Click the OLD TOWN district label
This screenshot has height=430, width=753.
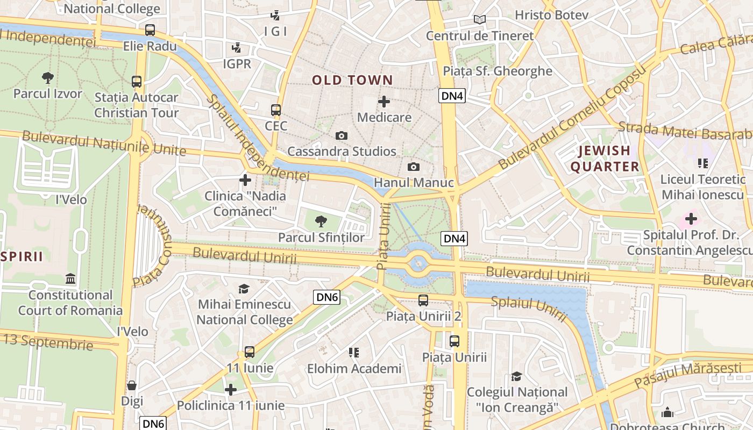click(353, 80)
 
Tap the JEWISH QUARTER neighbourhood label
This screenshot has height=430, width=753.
click(605, 159)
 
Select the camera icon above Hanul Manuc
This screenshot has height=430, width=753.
click(413, 167)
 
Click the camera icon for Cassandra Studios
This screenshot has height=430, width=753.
click(341, 136)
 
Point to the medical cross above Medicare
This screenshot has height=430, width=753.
click(384, 101)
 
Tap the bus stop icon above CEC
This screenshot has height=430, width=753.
click(276, 110)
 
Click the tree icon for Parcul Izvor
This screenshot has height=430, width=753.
click(48, 78)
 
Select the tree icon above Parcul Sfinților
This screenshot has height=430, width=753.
click(321, 221)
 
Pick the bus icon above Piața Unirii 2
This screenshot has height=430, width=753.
click(423, 300)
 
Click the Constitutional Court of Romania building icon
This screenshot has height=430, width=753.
click(70, 278)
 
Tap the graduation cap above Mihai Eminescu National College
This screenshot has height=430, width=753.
click(244, 289)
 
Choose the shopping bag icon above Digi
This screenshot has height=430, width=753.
click(132, 385)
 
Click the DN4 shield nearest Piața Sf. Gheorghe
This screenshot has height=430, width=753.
click(452, 96)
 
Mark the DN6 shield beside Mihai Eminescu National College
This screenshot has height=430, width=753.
click(327, 297)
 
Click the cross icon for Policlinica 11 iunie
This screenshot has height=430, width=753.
click(231, 390)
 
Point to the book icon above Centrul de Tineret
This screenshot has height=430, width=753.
click(479, 20)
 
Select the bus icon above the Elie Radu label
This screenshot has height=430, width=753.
click(150, 30)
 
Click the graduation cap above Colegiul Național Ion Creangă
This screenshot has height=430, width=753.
click(517, 376)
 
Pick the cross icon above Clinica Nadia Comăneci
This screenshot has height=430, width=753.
click(245, 180)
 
